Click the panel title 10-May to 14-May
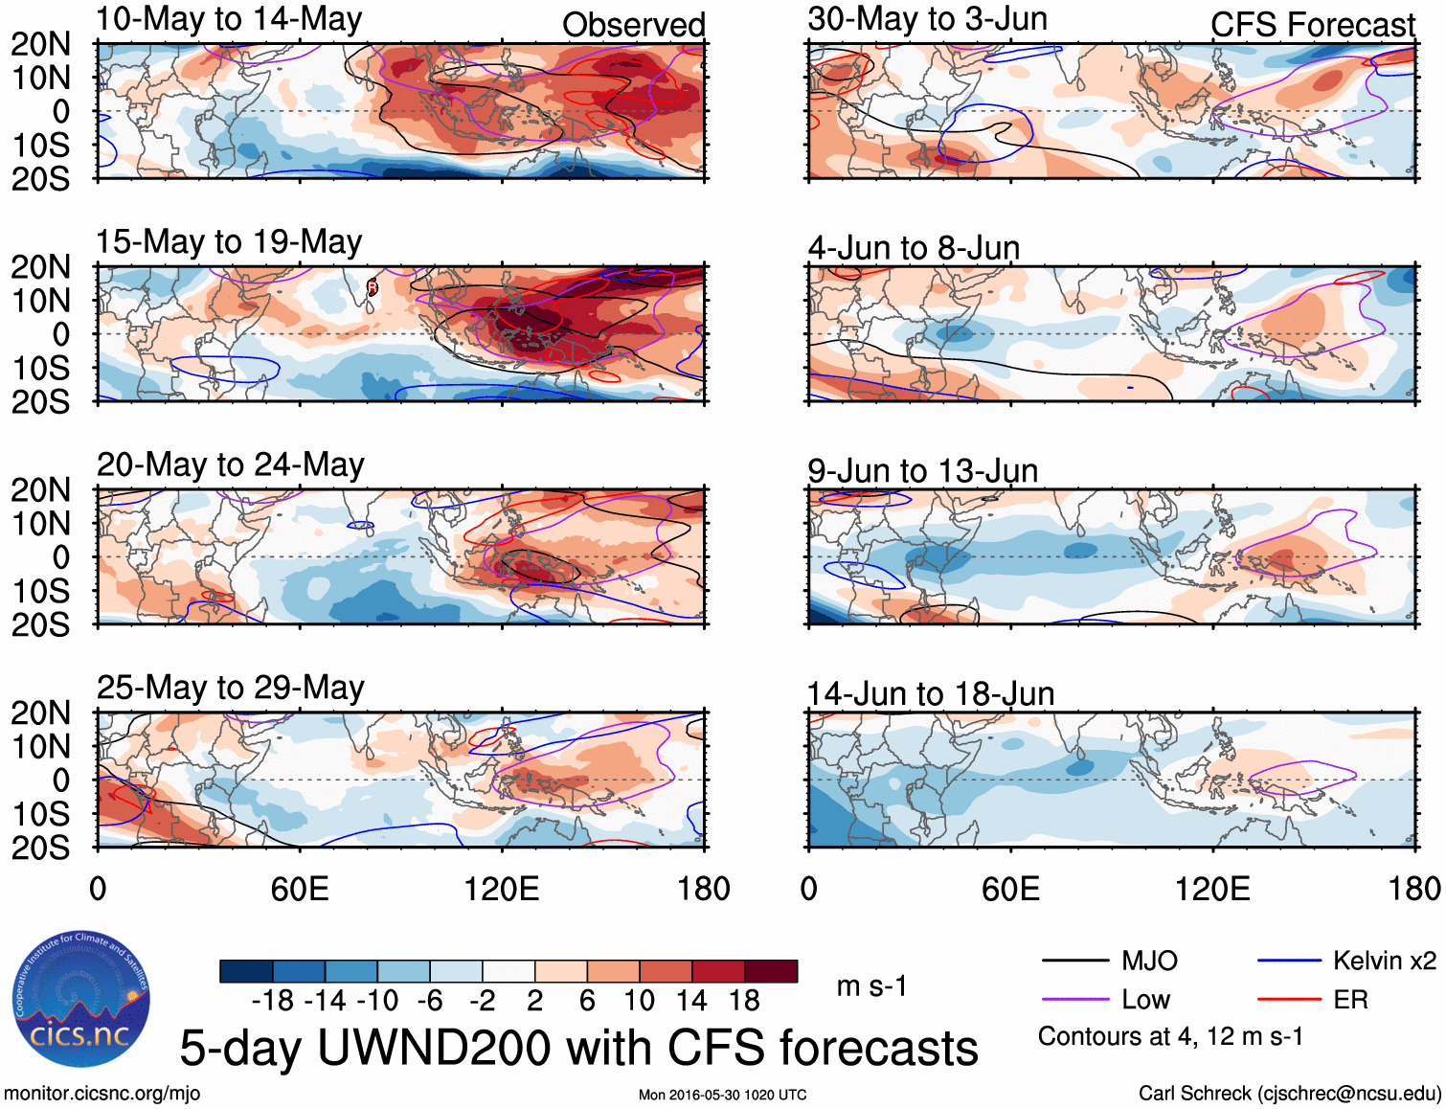(229, 19)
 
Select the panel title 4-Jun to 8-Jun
(914, 248)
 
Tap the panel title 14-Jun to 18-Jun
(930, 693)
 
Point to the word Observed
(633, 25)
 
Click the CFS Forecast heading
(1312, 25)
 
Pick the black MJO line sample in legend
(1074, 961)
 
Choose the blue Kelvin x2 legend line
(1289, 961)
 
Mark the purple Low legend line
(1074, 1000)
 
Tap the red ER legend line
(1289, 1000)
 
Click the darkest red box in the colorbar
(771, 971)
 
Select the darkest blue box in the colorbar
(246, 971)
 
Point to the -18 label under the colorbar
(273, 1001)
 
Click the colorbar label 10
(639, 1001)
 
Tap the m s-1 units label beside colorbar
(871, 986)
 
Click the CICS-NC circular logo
(81, 999)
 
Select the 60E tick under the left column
(300, 889)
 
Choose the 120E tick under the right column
(1212, 889)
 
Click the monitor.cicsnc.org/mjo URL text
(102, 1094)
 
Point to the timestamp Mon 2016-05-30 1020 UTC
(722, 1095)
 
